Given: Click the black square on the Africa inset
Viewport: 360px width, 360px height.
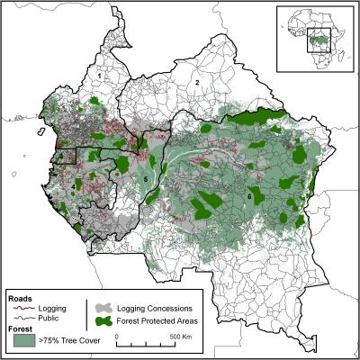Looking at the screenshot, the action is (319, 41).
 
